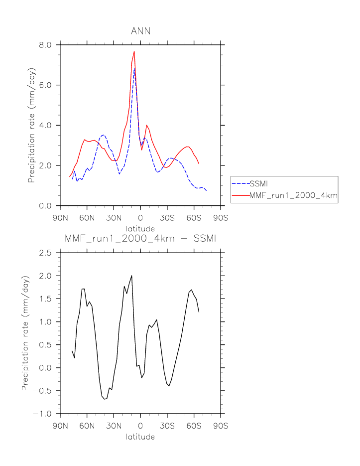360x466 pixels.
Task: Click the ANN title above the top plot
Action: click(140, 31)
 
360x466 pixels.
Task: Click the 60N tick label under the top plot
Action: click(87, 217)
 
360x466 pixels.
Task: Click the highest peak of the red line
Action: click(134, 51)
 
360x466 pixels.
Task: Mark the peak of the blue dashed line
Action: click(134, 68)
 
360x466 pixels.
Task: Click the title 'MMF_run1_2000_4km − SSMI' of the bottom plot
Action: click(140, 239)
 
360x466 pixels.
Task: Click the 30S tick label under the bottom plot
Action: click(167, 426)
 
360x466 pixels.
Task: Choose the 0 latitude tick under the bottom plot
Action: click(140, 426)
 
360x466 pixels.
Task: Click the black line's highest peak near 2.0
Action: click(131, 276)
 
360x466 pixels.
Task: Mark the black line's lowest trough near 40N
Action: click(105, 399)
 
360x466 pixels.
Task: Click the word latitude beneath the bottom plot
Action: click(140, 437)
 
